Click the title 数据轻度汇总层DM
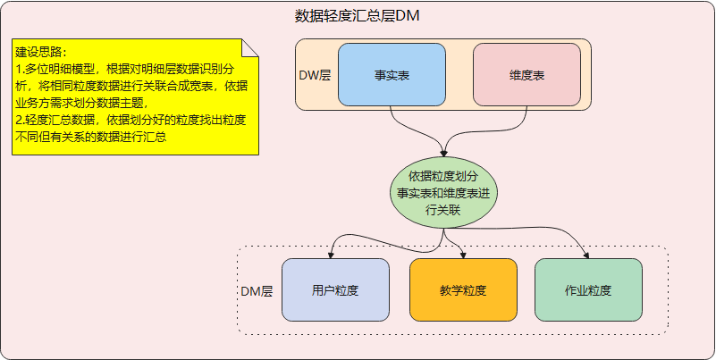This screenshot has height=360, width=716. tap(358, 16)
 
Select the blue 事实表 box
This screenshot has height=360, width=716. tap(392, 75)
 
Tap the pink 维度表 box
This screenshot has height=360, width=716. tap(527, 75)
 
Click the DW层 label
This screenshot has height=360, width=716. tap(315, 75)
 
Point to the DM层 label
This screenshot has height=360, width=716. tap(257, 291)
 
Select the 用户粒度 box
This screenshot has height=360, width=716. tap(335, 291)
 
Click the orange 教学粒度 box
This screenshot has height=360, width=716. tap(463, 291)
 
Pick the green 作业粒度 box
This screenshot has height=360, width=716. tap(588, 291)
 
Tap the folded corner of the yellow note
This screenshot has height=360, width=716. tap(250, 46)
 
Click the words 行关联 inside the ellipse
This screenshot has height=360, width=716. tap(443, 210)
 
